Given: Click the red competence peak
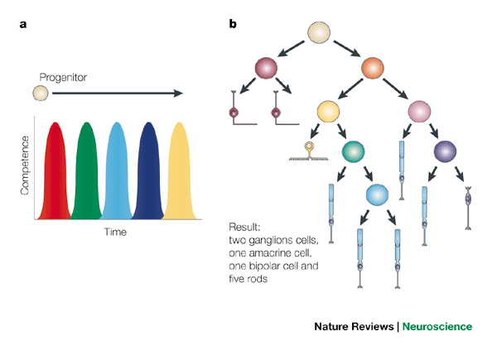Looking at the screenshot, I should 55,174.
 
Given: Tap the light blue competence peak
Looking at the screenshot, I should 117,174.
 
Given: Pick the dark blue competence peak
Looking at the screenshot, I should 148,174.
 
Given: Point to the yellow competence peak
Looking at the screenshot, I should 179,174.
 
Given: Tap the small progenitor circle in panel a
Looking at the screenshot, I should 40,94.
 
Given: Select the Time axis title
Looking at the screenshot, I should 114,233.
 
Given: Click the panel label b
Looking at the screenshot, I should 234,23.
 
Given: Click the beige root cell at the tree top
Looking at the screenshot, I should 321,33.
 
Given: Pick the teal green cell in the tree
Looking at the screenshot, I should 354,151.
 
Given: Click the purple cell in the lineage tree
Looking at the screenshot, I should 446,151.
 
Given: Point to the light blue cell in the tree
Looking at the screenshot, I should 379,194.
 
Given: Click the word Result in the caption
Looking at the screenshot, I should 248,227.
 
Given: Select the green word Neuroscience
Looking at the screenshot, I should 437,326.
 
